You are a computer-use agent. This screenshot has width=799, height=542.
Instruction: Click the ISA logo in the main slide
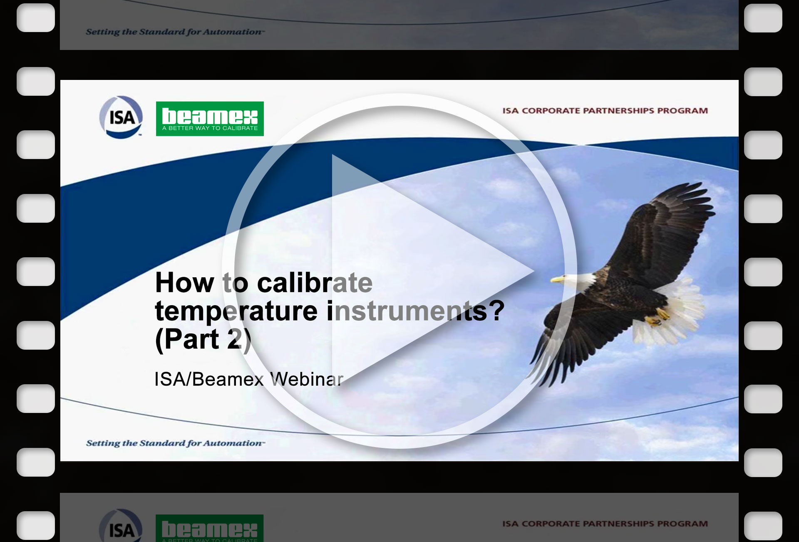pos(121,117)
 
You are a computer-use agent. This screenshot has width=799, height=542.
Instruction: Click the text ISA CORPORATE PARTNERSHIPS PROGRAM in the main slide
pos(605,111)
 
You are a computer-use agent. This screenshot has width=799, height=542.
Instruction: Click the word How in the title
pos(184,283)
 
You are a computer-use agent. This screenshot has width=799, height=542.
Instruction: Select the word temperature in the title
pos(236,311)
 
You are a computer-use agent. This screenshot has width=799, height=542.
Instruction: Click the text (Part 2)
pos(203,339)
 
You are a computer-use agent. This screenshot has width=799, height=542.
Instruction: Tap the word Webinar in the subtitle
pos(307,379)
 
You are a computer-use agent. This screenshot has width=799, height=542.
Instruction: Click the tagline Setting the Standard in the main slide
pos(175,443)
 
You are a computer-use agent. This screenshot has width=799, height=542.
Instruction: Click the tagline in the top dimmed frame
pos(175,32)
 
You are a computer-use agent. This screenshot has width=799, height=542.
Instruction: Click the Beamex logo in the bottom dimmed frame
pos(209,528)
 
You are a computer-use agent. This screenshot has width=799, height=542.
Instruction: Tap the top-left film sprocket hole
pos(36,18)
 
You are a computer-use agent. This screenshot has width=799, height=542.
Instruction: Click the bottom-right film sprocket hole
pos(763,525)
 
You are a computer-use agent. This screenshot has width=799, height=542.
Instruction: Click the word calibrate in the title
pos(315,283)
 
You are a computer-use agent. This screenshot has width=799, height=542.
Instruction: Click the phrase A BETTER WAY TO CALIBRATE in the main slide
pos(210,128)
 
